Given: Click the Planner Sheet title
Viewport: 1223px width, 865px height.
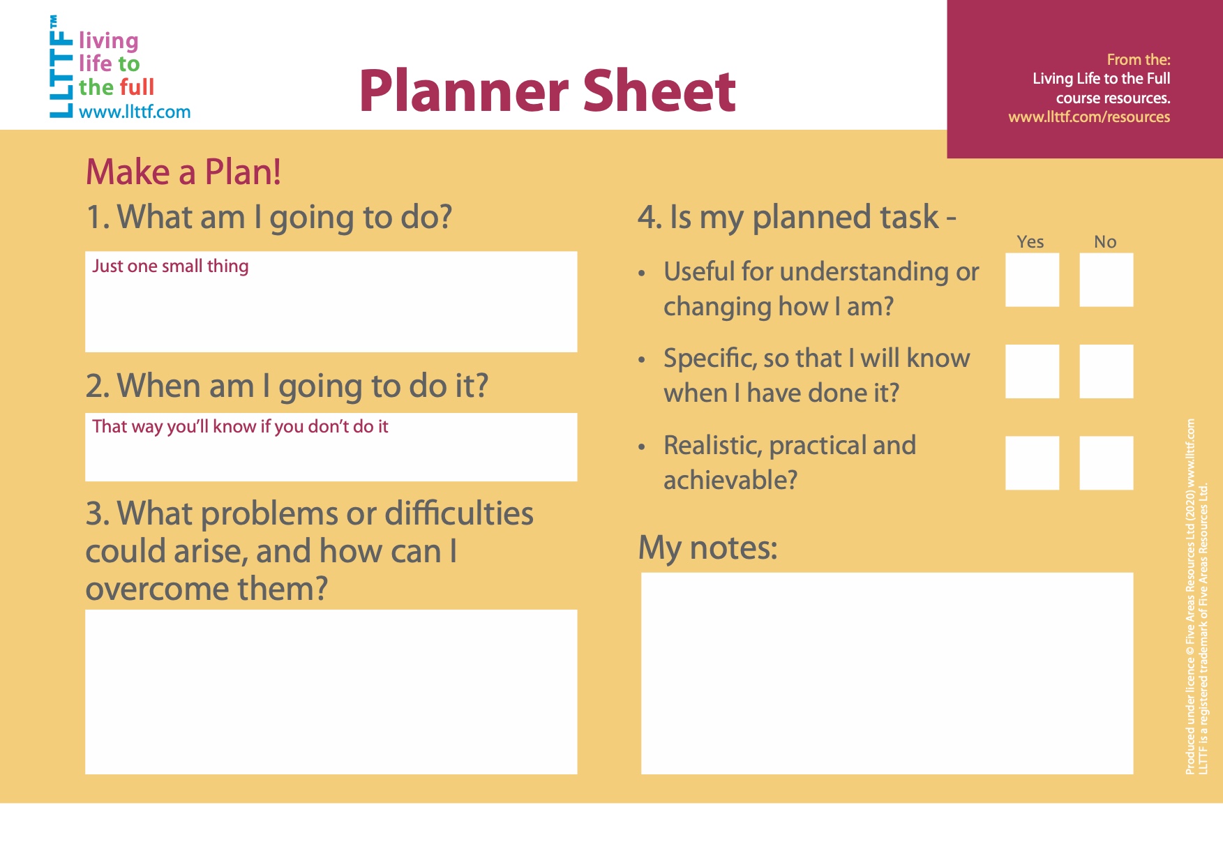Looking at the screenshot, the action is click(x=548, y=91).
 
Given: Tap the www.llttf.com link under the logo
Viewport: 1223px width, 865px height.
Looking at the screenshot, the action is click(x=135, y=112).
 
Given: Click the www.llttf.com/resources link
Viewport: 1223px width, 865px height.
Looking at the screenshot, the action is click(x=1089, y=117).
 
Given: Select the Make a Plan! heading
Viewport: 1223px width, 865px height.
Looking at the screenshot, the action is click(x=183, y=172).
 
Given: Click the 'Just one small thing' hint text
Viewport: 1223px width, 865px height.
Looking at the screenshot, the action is click(x=170, y=266).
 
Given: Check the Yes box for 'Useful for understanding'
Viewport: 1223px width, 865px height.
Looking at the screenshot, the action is click(x=1032, y=280).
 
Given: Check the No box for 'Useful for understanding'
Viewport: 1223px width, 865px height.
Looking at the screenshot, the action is click(x=1106, y=280).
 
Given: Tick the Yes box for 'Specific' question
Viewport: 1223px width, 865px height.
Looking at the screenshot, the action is click(x=1032, y=371).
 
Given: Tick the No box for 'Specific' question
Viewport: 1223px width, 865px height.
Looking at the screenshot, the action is click(x=1106, y=371).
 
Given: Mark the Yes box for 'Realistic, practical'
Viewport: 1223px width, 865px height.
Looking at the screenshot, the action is click(x=1032, y=463).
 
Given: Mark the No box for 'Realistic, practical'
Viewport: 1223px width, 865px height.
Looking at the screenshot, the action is click(x=1106, y=463).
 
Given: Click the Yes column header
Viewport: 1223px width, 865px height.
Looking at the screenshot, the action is click(x=1030, y=242).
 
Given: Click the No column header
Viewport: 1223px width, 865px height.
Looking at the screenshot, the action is click(x=1105, y=242).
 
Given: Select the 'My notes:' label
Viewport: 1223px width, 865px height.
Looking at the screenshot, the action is click(x=707, y=548).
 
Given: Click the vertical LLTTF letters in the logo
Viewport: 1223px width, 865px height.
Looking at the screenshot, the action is click(x=61, y=67).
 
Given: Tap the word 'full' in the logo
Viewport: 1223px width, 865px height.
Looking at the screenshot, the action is click(x=136, y=87).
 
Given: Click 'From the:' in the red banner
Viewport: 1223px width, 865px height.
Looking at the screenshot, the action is click(x=1139, y=60).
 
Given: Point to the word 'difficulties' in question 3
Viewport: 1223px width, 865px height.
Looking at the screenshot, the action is click(x=459, y=513).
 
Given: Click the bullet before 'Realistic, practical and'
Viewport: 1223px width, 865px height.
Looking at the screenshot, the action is click(x=642, y=447).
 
